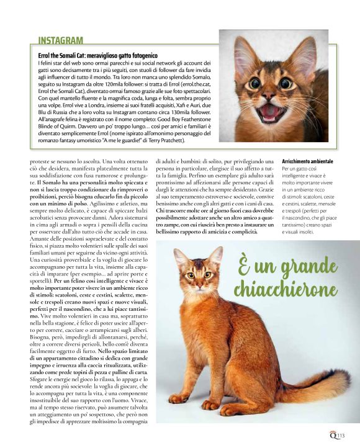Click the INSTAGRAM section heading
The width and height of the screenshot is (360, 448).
coord(61,41)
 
